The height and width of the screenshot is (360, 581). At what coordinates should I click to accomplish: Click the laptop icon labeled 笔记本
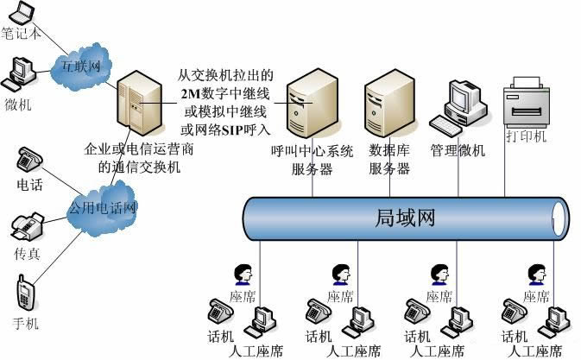click(x=22, y=13)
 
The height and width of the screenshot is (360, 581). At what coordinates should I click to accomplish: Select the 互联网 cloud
click(x=81, y=66)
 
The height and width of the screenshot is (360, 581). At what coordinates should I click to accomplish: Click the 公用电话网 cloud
click(x=103, y=207)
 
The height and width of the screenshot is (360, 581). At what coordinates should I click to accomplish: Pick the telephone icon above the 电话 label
click(x=29, y=159)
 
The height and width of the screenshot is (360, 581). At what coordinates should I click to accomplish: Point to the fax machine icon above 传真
click(x=27, y=227)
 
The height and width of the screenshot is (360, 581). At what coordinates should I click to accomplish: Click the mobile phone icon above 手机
click(x=26, y=293)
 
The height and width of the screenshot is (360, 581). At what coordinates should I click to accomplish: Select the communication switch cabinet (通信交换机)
click(x=140, y=104)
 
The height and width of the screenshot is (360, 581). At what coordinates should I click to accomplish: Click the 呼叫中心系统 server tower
click(x=313, y=103)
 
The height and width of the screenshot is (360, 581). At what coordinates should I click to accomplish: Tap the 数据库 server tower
click(x=389, y=103)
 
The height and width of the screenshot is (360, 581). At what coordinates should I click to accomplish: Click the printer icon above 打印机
click(x=527, y=101)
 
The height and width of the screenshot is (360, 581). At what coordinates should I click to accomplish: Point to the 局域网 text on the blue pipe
click(x=405, y=218)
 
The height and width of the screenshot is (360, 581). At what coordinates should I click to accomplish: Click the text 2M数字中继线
click(x=225, y=94)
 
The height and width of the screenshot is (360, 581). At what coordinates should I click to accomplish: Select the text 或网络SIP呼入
click(x=225, y=130)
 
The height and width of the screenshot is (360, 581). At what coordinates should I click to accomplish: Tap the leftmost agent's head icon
click(x=243, y=275)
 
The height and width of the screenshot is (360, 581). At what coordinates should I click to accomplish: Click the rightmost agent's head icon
click(x=537, y=275)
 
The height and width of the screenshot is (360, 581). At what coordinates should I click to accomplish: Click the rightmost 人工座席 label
click(x=535, y=351)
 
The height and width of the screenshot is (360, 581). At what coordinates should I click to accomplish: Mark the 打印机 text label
click(x=527, y=136)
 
